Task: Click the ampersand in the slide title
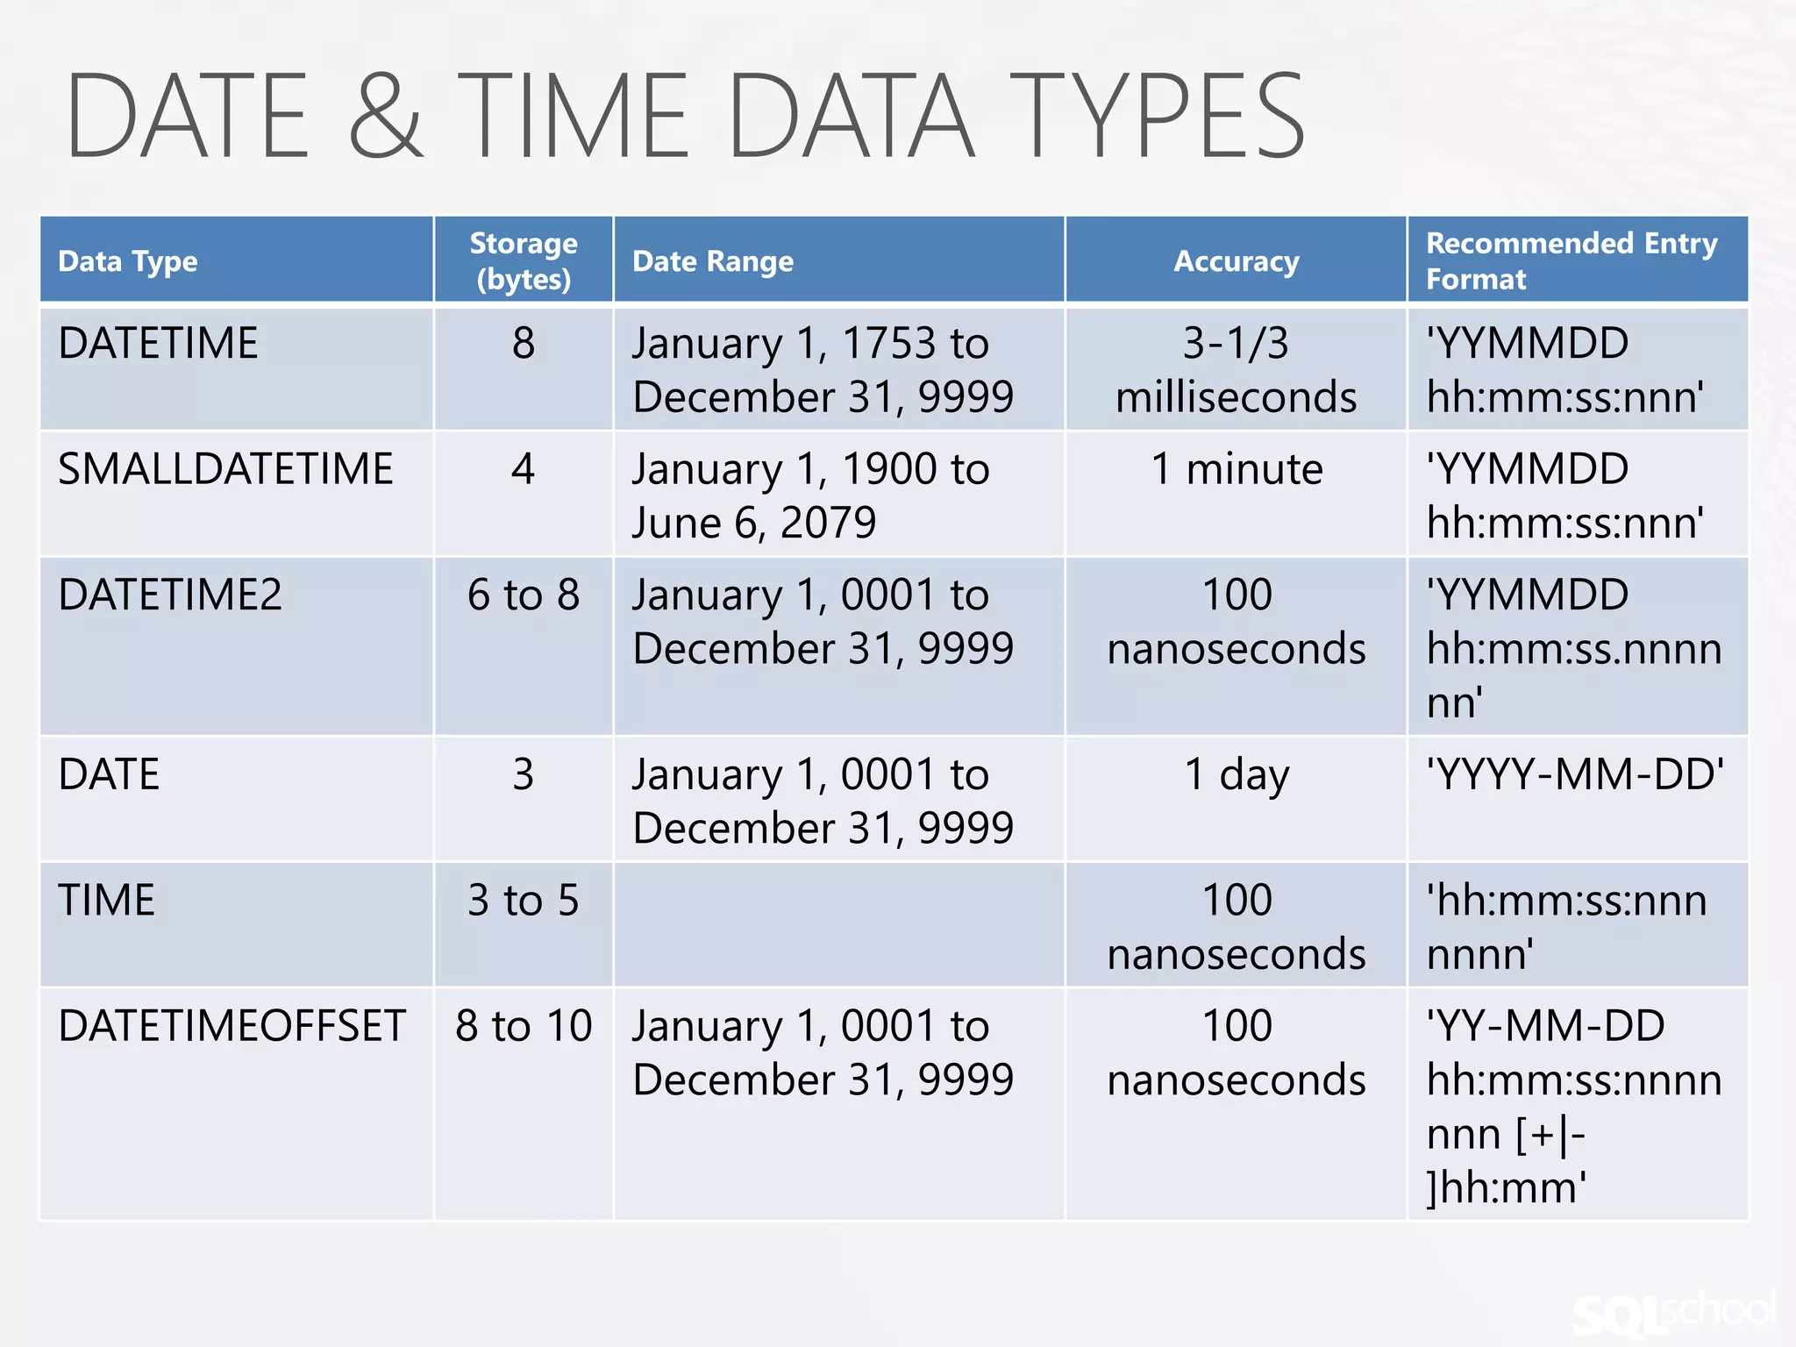pos(387,116)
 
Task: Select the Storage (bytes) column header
pos(524,260)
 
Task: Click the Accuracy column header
pos(1236,261)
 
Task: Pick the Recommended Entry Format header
pos(1571,260)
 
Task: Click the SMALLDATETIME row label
pos(225,469)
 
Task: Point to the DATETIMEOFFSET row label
pos(232,1026)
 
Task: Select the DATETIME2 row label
pos(170,595)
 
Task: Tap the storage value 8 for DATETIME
pos(524,343)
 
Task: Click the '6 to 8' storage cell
pos(524,595)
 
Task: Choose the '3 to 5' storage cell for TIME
pos(524,901)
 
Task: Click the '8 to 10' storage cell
pos(524,1026)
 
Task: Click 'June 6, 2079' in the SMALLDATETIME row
pos(754,524)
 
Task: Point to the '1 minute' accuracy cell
pos(1237,469)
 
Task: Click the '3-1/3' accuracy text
pos(1236,343)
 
